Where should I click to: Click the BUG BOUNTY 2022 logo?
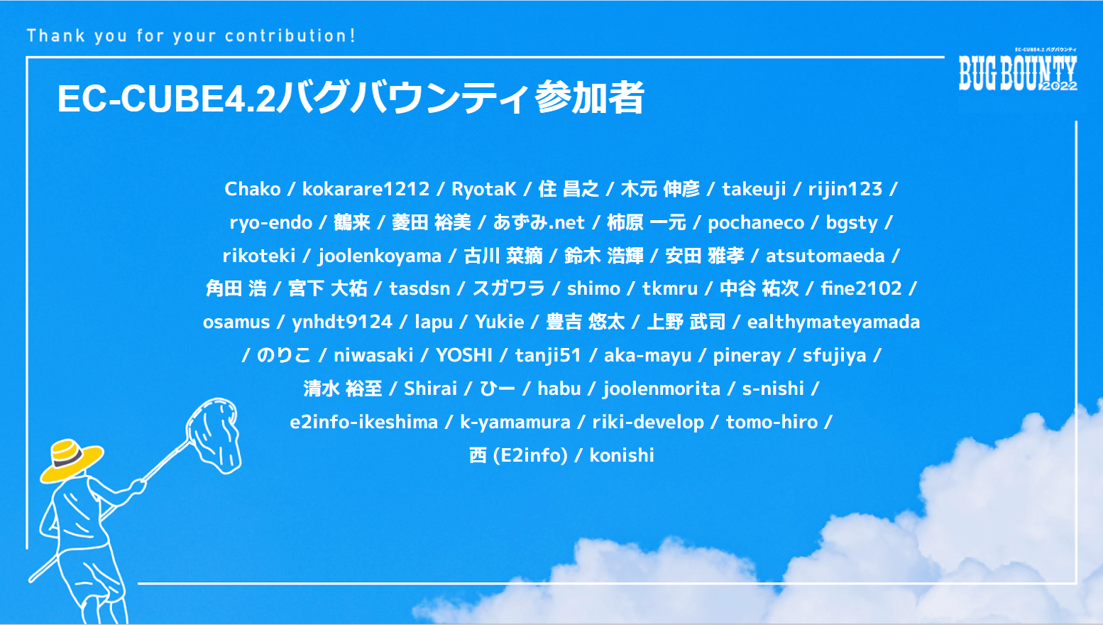pyautogui.click(x=1018, y=70)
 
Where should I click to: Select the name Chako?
pyautogui.click(x=253, y=189)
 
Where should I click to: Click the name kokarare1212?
pyautogui.click(x=366, y=189)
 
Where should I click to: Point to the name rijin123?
pyautogui.click(x=845, y=189)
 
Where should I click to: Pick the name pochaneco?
pyautogui.click(x=756, y=223)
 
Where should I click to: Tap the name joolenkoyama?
pyautogui.click(x=380, y=256)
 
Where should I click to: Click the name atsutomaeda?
pyautogui.click(x=825, y=256)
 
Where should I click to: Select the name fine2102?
pyautogui.click(x=861, y=288)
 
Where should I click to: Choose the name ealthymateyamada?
pyautogui.click(x=834, y=322)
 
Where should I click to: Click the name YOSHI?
pyautogui.click(x=464, y=355)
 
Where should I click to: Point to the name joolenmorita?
pyautogui.click(x=662, y=388)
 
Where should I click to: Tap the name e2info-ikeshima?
pyautogui.click(x=364, y=422)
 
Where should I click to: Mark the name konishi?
pyautogui.click(x=622, y=455)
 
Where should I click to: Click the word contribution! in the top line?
pyautogui.click(x=290, y=36)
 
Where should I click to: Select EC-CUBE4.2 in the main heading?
pyautogui.click(x=166, y=98)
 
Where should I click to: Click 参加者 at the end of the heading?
pyautogui.click(x=589, y=97)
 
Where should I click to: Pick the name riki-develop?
pyautogui.click(x=648, y=423)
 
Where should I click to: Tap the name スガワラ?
pyautogui.click(x=509, y=288)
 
